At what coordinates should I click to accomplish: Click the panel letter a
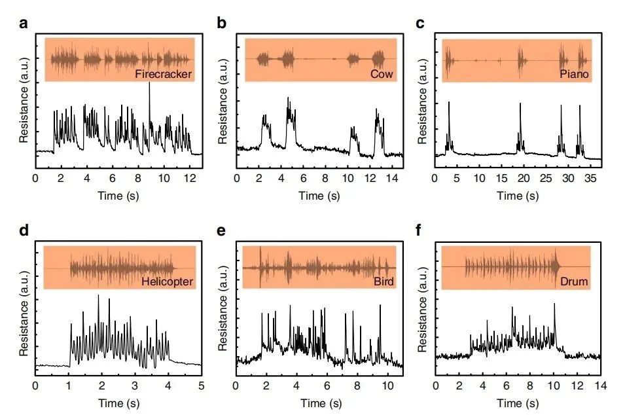[24, 24]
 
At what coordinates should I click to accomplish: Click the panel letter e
[222, 232]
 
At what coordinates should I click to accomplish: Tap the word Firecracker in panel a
[164, 74]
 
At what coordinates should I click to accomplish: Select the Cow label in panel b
[382, 74]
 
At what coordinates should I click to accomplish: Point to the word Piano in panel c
[574, 75]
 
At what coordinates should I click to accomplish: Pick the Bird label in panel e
[379, 282]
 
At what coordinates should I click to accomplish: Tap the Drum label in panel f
[574, 282]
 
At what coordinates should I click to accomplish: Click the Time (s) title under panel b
[319, 195]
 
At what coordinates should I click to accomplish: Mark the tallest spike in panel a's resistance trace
[149, 87]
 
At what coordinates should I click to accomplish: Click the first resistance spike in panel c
[449, 103]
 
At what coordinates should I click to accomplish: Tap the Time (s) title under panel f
[518, 403]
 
